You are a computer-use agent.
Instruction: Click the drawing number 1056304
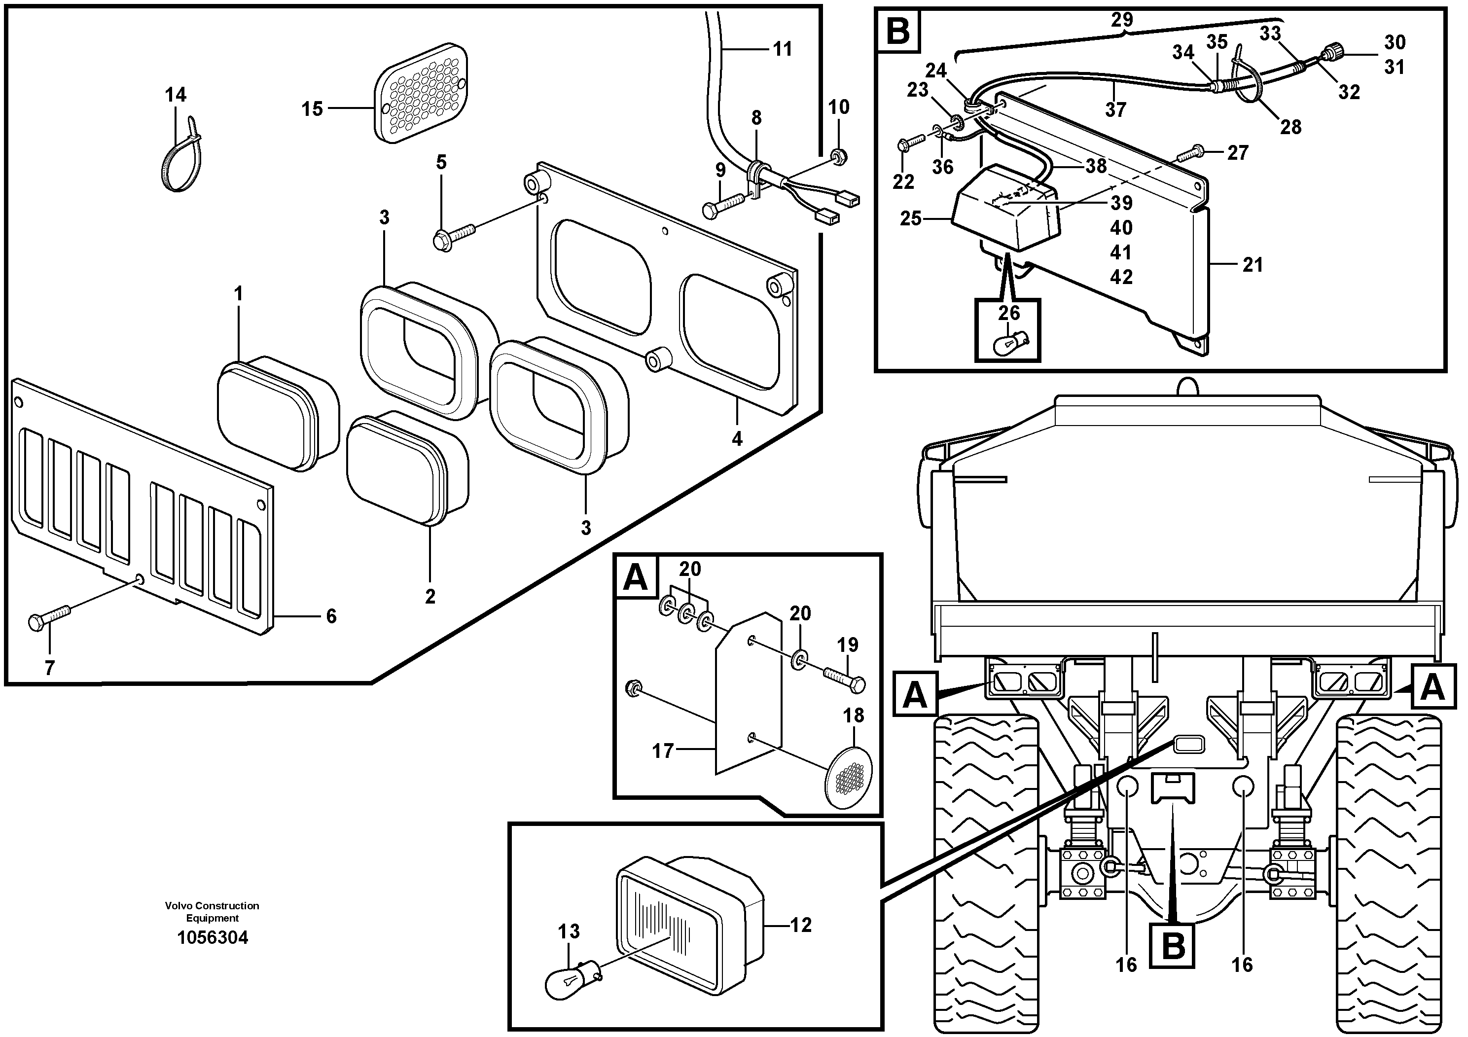click(x=212, y=938)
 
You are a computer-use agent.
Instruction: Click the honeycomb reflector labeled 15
click(x=420, y=93)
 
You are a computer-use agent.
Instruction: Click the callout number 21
click(x=1253, y=265)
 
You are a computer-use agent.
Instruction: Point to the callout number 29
click(x=1121, y=20)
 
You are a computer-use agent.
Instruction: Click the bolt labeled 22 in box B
click(x=911, y=142)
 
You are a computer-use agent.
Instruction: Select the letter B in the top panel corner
click(x=898, y=30)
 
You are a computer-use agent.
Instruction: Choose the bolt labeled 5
click(x=453, y=235)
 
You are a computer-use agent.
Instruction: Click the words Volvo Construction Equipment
click(x=212, y=912)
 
